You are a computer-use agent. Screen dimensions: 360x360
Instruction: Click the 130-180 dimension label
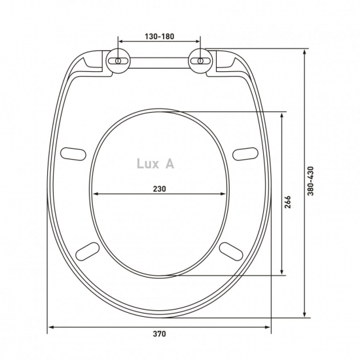coord(159,36)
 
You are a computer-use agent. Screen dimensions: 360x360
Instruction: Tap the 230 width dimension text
coord(159,189)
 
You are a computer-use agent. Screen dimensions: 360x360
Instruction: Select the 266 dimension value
coord(287,202)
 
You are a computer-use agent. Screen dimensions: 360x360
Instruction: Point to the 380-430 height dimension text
coord(310,181)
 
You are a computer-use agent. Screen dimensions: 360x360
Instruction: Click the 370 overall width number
coord(159,334)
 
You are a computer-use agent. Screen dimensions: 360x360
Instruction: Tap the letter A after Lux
coord(170,164)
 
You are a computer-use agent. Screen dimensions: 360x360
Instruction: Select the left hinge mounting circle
coord(118,61)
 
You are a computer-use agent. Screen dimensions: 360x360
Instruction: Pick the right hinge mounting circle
coord(200,61)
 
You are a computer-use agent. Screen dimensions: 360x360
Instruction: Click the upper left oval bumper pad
coord(73,154)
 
